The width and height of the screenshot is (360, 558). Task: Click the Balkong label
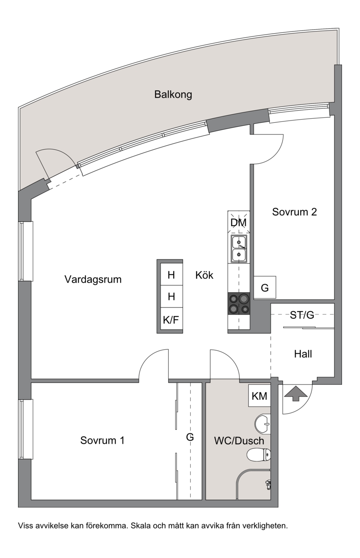point(173,95)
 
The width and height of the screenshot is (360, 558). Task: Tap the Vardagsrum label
point(93,279)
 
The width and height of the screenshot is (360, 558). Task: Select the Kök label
point(204,275)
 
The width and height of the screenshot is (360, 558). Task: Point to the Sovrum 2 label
point(294,212)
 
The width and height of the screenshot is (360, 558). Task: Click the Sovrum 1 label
point(102,441)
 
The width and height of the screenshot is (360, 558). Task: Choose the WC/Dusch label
point(239,441)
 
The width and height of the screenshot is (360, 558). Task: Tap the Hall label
point(303,354)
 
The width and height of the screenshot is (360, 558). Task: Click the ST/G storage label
point(302,315)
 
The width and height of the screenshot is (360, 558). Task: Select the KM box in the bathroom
point(260,396)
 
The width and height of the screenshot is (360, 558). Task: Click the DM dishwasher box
point(238,223)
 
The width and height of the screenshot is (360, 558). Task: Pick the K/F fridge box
point(171,320)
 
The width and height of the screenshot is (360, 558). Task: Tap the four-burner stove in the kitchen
point(239,304)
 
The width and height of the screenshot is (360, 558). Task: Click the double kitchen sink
point(239,249)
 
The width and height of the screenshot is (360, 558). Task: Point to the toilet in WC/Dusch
point(259,455)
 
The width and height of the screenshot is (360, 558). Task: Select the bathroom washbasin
point(262,423)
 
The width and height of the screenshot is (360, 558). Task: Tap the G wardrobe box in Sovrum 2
point(265,287)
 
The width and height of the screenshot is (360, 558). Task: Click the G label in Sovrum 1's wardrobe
point(190,437)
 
